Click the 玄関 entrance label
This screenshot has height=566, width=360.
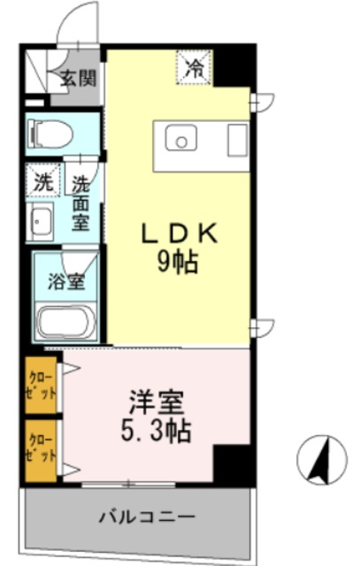coord(78,78)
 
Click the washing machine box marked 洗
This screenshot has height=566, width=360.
coord(42,184)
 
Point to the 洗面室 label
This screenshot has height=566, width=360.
coord(80,203)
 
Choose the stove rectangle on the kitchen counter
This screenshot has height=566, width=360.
coord(236,141)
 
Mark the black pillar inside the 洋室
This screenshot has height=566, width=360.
coord(233,463)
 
